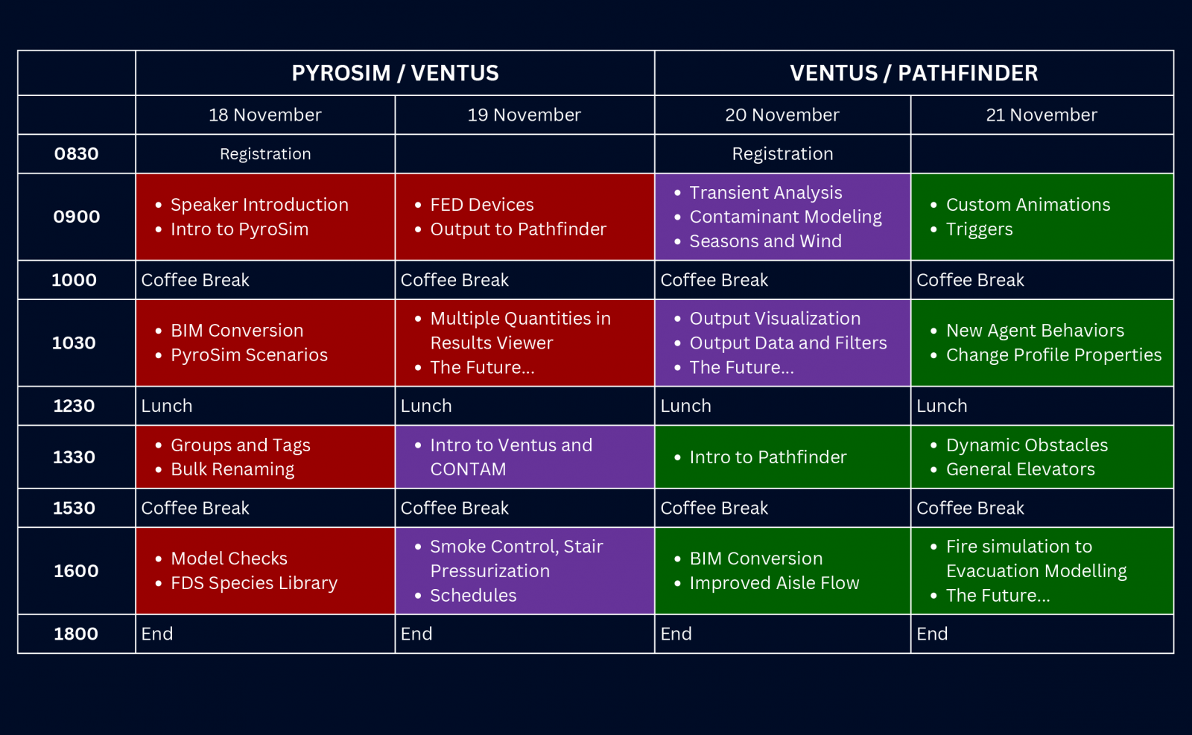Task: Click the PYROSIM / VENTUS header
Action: [x=395, y=73]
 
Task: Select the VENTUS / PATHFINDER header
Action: [x=913, y=73]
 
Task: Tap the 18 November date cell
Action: [x=265, y=115]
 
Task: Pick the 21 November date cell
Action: [x=1042, y=115]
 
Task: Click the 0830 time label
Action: [x=76, y=153]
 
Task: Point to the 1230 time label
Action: [x=74, y=406]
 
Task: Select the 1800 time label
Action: [x=75, y=634]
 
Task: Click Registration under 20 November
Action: [x=782, y=153]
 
